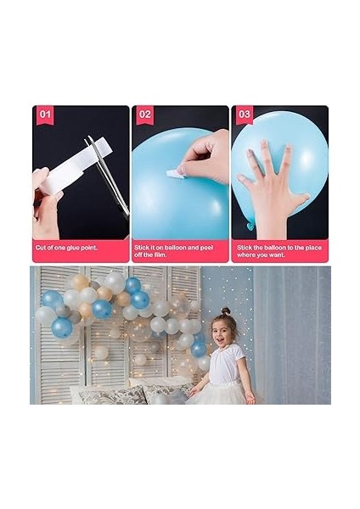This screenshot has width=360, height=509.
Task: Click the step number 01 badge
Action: (44, 115)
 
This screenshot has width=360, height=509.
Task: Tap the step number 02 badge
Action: (144, 115)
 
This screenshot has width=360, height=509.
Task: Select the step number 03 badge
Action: (245, 115)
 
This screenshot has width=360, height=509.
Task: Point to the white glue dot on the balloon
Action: (173, 174)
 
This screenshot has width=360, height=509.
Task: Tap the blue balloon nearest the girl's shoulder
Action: (199, 349)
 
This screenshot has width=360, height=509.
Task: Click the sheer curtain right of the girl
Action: (293, 339)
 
